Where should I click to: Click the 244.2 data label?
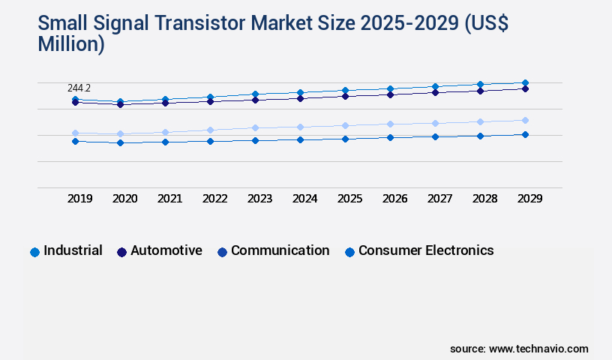coord(79,88)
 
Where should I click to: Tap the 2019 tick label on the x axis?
coord(79,199)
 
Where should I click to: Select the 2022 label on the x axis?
coord(214,199)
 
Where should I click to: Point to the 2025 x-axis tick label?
coord(349,199)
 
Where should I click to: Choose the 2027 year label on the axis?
coord(439,199)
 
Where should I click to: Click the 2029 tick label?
coord(529,199)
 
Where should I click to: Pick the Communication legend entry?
coord(273,251)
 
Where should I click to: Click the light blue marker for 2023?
coord(255,127)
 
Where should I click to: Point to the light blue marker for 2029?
coord(525,120)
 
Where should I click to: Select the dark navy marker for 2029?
coord(525,88)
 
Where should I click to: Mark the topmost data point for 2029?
coord(525,82)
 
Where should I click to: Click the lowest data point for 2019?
coord(75,141)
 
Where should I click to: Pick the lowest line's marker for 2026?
coord(390,137)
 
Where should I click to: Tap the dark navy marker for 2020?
coord(120,104)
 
